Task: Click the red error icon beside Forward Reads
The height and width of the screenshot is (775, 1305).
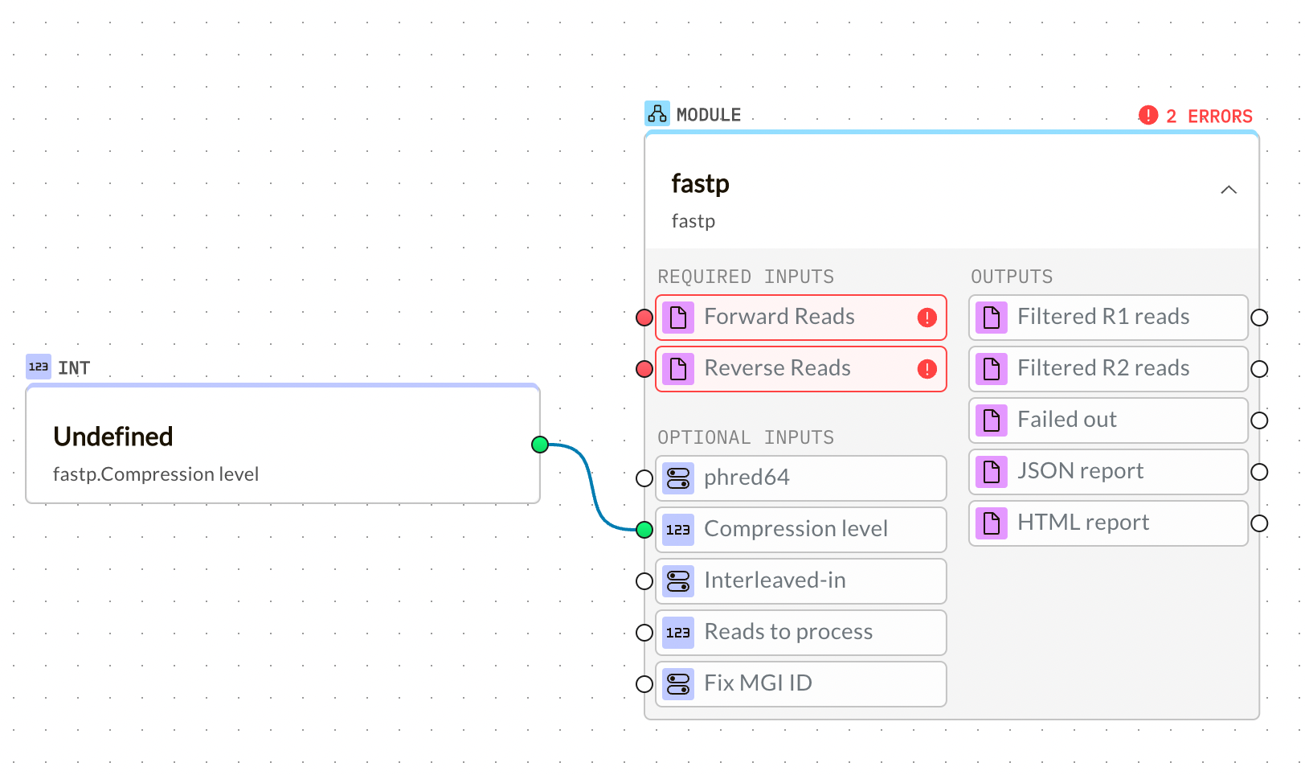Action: (x=927, y=318)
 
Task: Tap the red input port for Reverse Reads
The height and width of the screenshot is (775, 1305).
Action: (x=644, y=369)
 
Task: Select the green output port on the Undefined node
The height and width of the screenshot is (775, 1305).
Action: (x=540, y=445)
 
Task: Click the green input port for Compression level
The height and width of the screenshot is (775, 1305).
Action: (x=644, y=530)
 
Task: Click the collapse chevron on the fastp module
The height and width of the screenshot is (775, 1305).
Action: (x=1228, y=190)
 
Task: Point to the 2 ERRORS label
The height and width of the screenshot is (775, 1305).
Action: (x=1209, y=117)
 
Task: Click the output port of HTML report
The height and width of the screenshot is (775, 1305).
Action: (x=1259, y=523)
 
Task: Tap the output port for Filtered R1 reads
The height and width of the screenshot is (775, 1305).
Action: (x=1259, y=318)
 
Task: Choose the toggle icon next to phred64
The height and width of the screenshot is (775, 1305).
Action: (x=678, y=478)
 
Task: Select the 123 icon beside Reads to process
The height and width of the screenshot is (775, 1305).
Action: (x=678, y=633)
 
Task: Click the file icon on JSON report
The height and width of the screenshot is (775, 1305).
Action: (x=992, y=472)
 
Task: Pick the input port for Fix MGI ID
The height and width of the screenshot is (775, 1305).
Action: (x=644, y=684)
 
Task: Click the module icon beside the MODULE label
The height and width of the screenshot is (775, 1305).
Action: (x=657, y=114)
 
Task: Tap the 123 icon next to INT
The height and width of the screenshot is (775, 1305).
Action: (x=39, y=367)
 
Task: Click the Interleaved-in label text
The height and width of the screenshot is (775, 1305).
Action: (x=775, y=580)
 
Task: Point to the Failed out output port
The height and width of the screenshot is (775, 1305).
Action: (x=1259, y=420)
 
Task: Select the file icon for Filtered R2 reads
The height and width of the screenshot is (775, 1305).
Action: (x=992, y=369)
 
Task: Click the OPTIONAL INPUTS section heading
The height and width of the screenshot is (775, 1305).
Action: (x=746, y=437)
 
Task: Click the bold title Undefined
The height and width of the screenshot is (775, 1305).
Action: (x=113, y=437)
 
